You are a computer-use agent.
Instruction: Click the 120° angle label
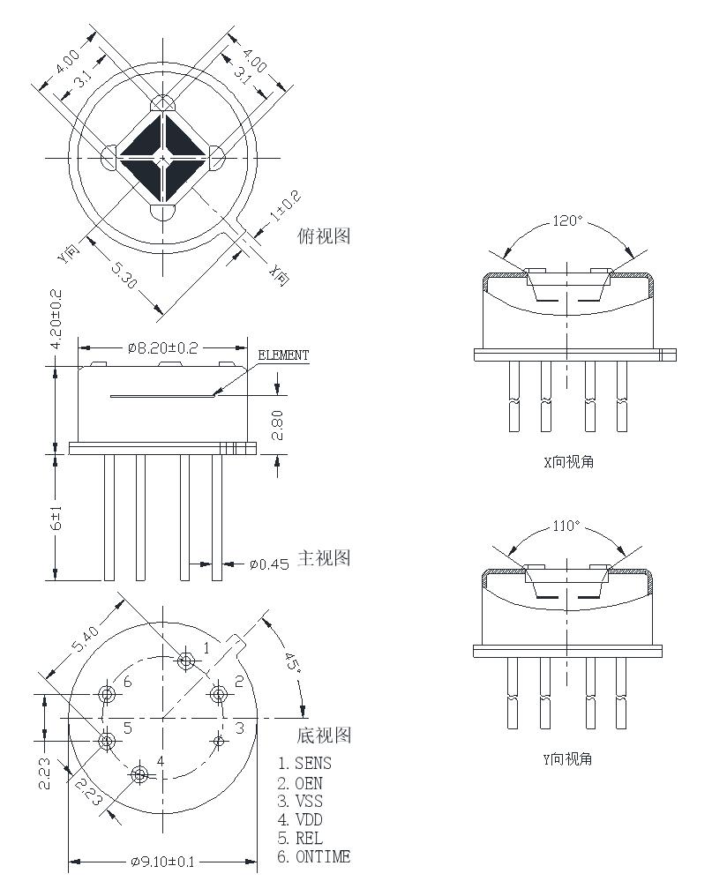coord(568,220)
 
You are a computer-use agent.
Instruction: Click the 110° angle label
coord(566,526)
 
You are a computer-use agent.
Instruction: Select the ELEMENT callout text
coord(283,355)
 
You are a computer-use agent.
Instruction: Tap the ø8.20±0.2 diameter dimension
coord(163,348)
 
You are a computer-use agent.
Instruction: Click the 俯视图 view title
coord(325,236)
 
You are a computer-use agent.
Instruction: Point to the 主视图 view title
coord(325,558)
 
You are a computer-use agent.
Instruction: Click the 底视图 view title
coord(325,735)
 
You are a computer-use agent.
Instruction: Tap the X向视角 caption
coord(568,461)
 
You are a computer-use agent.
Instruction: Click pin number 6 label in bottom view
coord(128,682)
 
